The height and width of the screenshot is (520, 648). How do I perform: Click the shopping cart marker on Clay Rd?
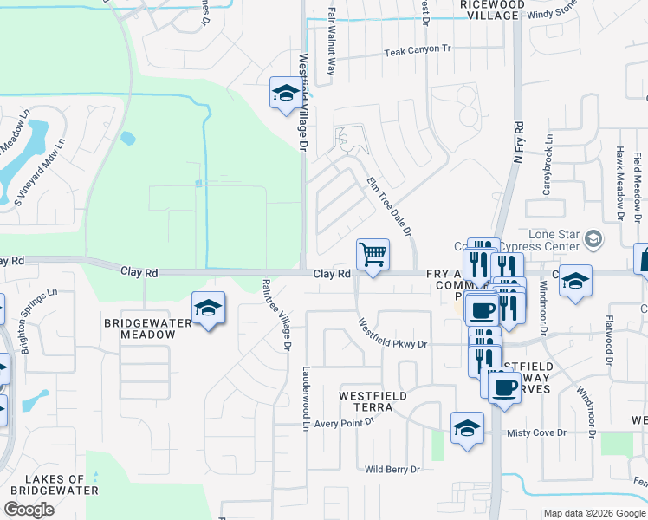click(x=373, y=255)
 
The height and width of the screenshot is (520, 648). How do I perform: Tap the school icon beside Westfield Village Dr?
click(x=285, y=94)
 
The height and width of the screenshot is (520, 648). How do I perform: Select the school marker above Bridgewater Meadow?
click(x=208, y=309)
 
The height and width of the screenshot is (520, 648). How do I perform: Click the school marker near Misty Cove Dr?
click(x=468, y=428)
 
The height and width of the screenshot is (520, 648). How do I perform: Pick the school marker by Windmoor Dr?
click(x=574, y=281)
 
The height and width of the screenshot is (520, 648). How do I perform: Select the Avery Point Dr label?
click(x=344, y=422)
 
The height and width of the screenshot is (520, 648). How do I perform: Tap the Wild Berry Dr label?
click(x=392, y=469)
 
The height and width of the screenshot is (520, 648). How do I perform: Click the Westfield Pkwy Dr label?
click(x=394, y=333)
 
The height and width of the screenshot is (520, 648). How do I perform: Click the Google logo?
click(x=29, y=510)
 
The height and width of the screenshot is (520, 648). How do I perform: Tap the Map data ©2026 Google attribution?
click(x=593, y=513)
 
